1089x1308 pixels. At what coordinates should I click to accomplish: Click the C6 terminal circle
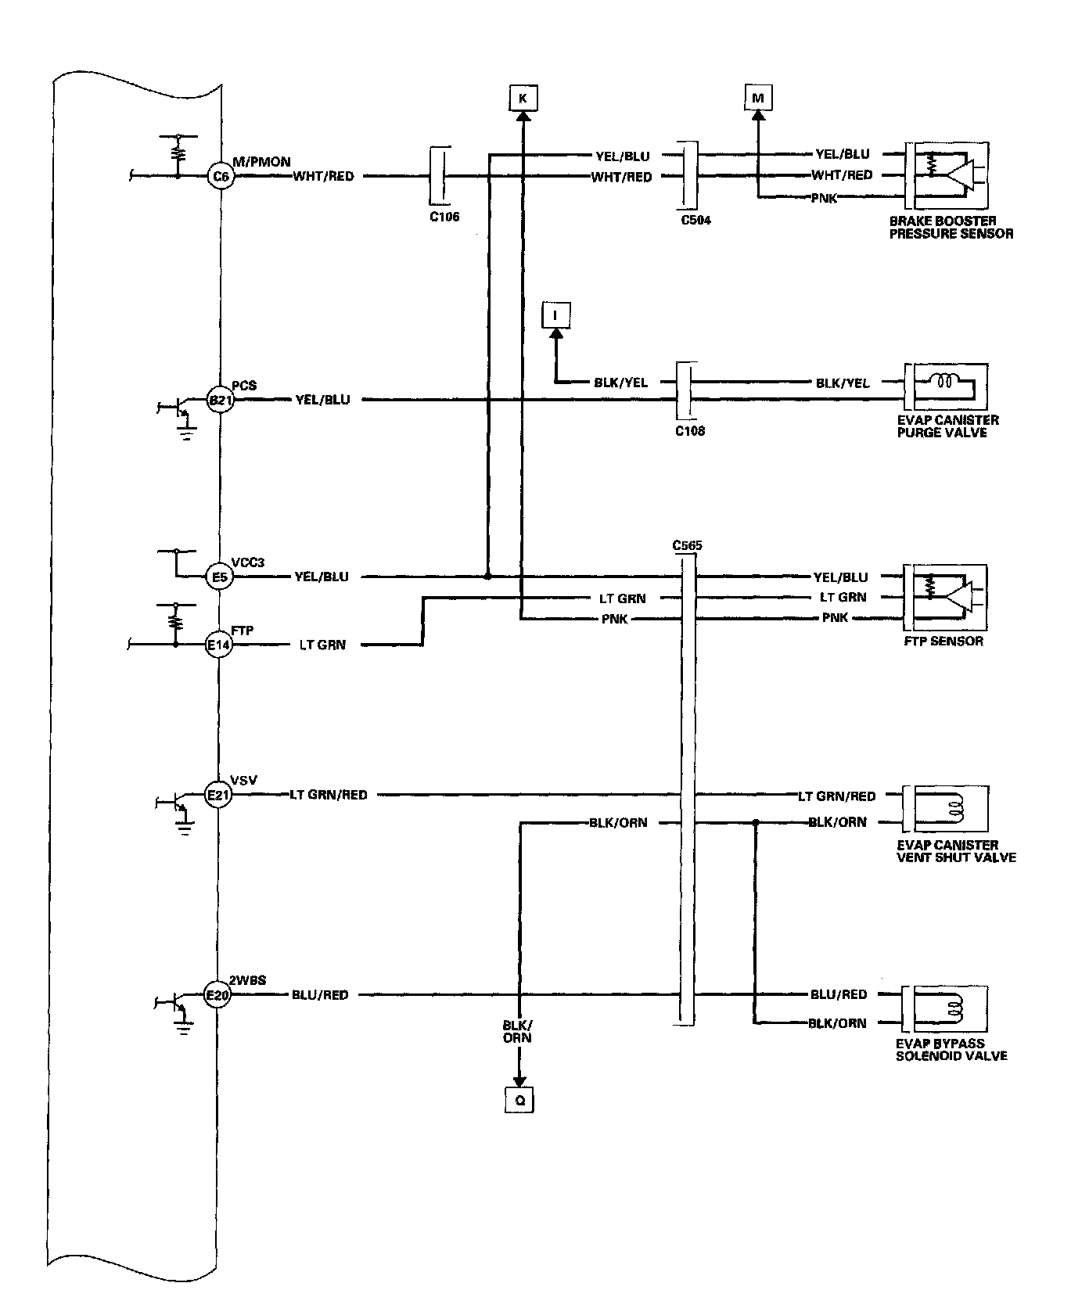tap(221, 177)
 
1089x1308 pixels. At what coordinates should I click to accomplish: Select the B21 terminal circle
tap(220, 400)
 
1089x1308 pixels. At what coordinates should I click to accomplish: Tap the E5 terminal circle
tap(220, 577)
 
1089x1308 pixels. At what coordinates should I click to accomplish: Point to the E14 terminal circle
tap(220, 645)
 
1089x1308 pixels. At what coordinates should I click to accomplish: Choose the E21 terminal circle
tap(218, 796)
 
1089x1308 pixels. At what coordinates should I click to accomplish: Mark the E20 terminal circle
tap(218, 996)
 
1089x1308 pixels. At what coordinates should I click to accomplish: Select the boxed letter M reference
tap(757, 99)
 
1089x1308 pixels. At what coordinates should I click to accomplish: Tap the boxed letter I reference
tap(555, 316)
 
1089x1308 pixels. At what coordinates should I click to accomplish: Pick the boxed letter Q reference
tap(519, 1100)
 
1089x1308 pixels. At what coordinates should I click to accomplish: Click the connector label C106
tap(444, 217)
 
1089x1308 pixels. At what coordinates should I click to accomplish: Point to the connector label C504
tap(695, 221)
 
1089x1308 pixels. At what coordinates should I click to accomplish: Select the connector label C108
tap(689, 430)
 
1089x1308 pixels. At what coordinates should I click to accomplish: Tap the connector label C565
tap(687, 544)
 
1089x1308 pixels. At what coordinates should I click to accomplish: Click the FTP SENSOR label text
tap(943, 641)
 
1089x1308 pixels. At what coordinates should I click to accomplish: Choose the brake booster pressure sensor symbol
tap(947, 167)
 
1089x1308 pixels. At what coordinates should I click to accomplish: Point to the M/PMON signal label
tap(261, 162)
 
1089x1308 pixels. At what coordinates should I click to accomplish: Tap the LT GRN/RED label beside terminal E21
tap(329, 795)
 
